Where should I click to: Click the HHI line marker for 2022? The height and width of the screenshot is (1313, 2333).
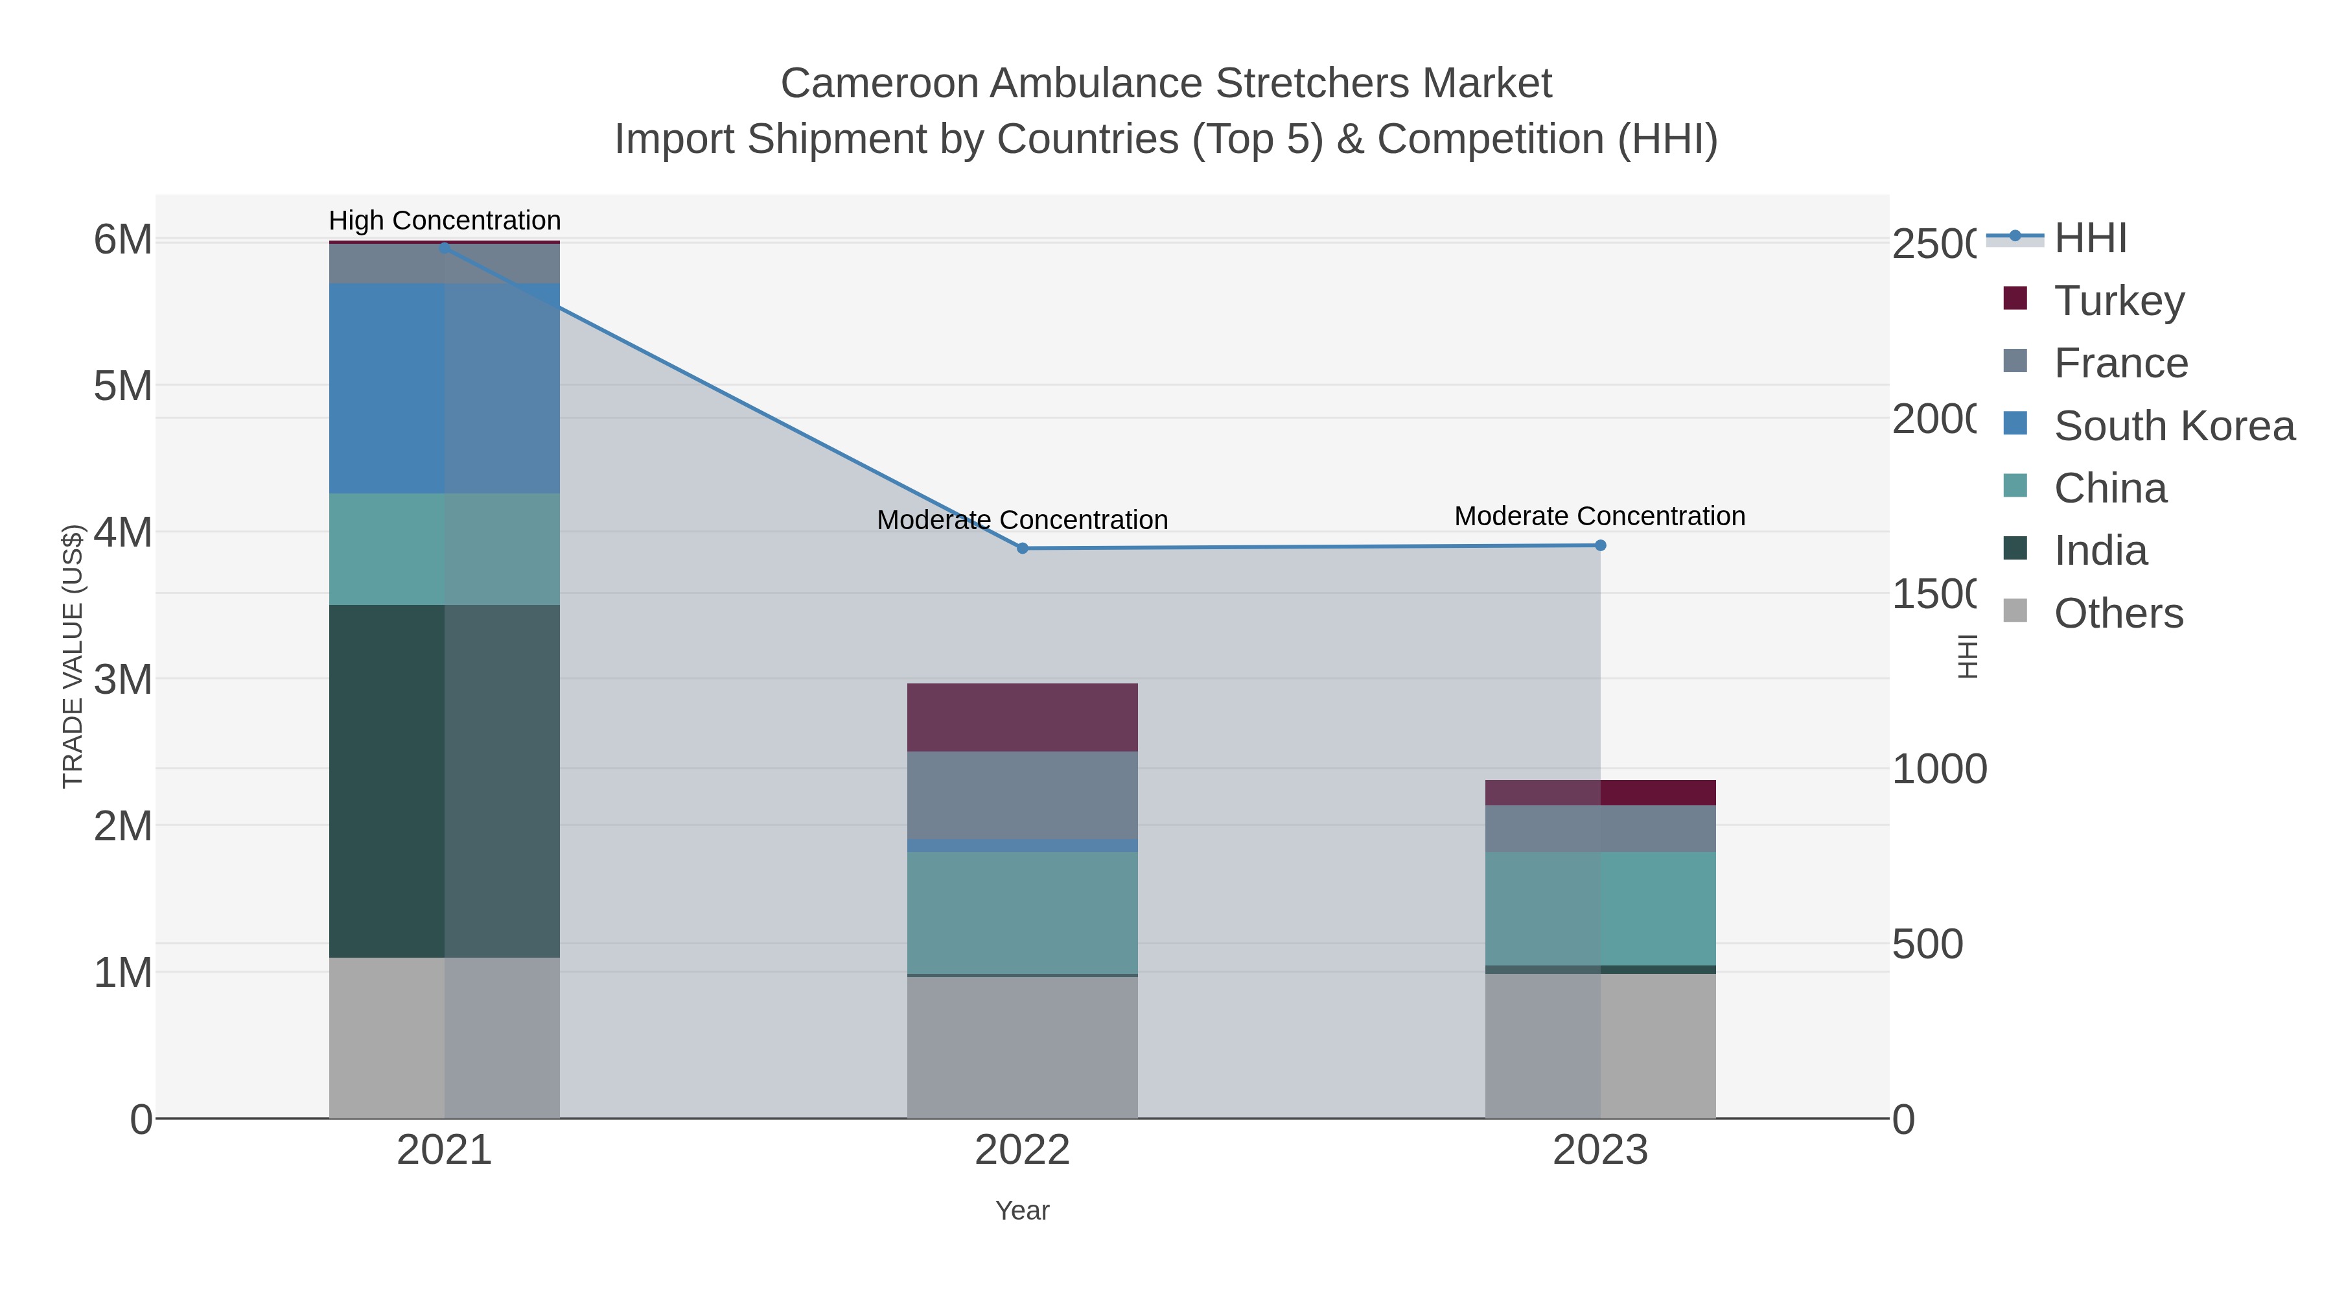pos(1023,548)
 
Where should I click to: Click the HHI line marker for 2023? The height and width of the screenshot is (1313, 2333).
pos(1600,545)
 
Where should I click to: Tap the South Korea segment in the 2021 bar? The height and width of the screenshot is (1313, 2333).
pos(444,388)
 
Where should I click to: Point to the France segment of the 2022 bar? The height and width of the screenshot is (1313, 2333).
pos(1023,795)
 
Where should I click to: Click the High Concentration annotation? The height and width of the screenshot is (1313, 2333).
pos(445,220)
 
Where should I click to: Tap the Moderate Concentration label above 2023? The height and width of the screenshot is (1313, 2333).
pos(1599,515)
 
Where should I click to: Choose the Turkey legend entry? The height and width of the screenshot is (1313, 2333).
pos(2119,301)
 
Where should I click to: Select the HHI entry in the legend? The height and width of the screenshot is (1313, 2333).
pos(2089,239)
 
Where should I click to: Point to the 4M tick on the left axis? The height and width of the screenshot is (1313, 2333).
pos(123,532)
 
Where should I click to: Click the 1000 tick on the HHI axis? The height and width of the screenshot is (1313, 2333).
pos(1939,769)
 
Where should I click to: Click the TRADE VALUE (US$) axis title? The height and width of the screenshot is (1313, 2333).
pos(73,656)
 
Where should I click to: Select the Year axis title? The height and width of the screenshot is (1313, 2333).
pos(1023,1211)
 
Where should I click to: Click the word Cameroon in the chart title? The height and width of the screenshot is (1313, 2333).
pos(879,84)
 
